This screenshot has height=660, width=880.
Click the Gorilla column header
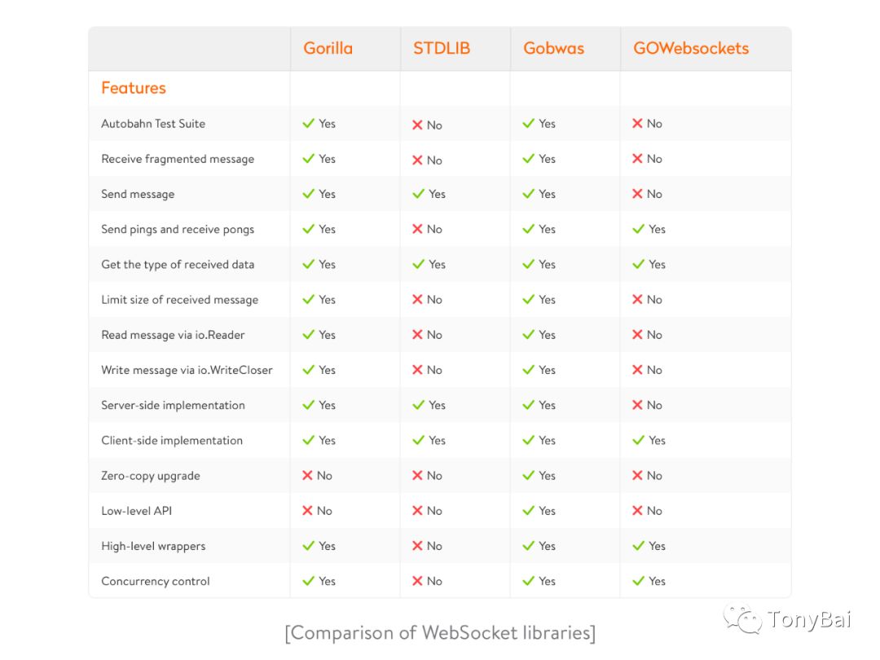point(328,48)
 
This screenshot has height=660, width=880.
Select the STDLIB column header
point(442,48)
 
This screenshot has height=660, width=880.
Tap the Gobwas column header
point(553,48)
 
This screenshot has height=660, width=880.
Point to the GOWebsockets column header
point(691,48)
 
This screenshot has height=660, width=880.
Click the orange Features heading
point(134,88)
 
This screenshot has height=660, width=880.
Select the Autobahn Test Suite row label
point(153,124)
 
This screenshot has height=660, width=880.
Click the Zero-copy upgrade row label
point(151,476)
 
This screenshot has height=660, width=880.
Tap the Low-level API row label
point(136,511)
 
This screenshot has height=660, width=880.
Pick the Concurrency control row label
point(156,582)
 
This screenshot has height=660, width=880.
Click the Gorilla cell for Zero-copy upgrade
point(317,476)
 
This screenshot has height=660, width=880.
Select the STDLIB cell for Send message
point(429,194)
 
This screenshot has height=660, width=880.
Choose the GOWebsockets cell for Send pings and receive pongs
point(649,229)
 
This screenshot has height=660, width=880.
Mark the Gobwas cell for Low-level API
point(539,511)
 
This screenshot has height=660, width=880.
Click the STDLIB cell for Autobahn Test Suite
point(427,125)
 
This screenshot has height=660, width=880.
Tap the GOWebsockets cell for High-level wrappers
point(649,546)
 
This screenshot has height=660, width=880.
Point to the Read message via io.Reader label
point(173,335)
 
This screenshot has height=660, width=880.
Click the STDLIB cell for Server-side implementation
point(429,405)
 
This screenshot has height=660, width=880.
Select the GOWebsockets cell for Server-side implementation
point(647,405)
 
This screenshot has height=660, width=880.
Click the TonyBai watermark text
point(809,619)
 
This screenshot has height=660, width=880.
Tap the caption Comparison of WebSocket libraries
point(440,633)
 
